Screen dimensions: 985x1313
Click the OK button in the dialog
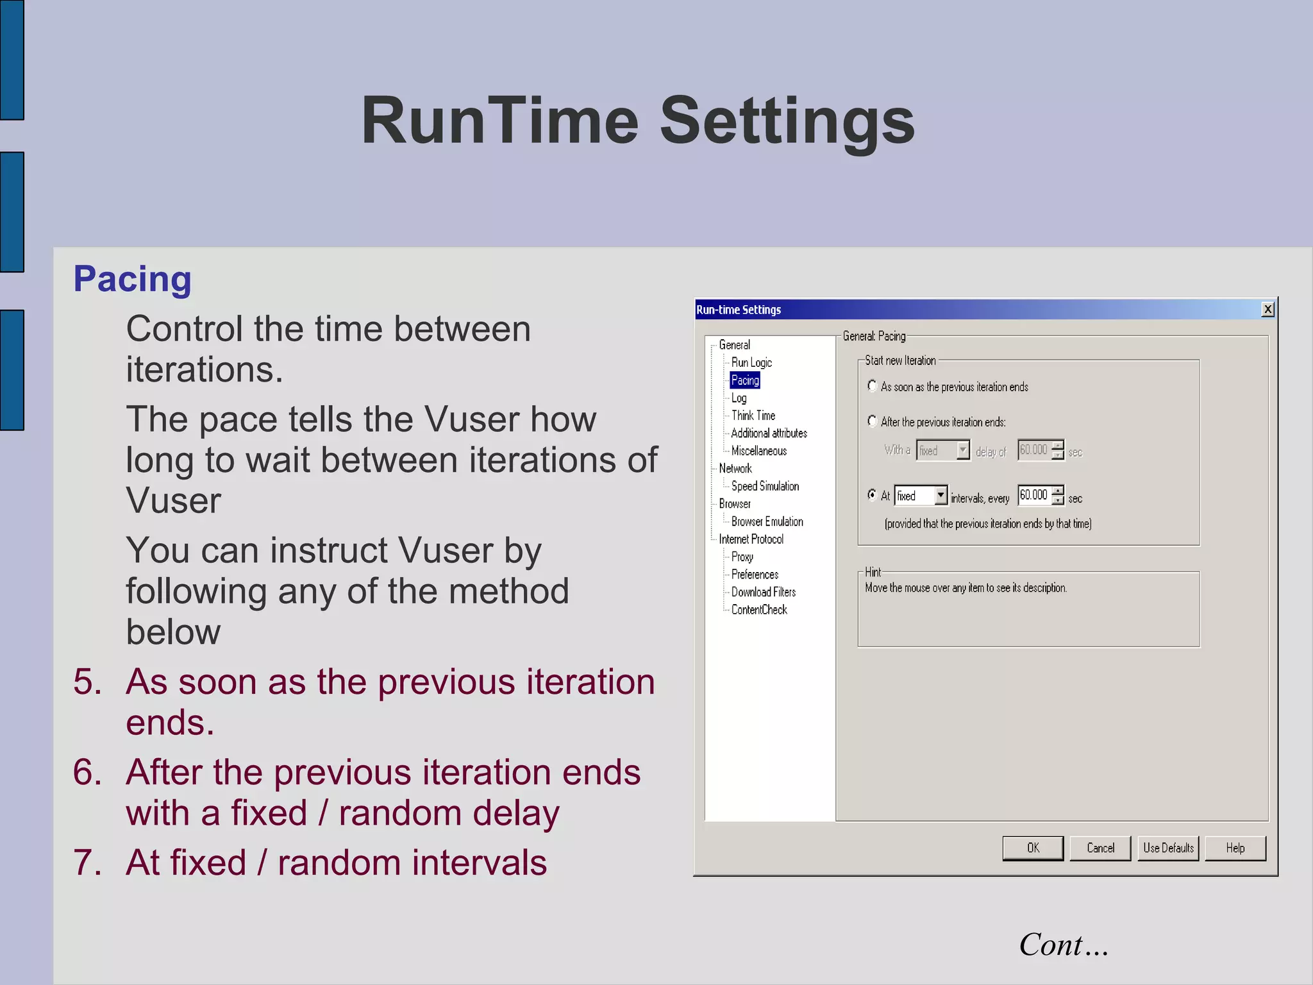coord(1032,848)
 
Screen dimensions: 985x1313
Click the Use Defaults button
coord(1167,848)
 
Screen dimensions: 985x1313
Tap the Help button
coord(1235,848)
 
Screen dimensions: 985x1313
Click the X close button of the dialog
coord(1267,309)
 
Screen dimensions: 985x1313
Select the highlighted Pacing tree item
coord(744,380)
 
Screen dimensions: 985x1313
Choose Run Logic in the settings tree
coord(751,362)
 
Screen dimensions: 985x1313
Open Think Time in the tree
coord(753,416)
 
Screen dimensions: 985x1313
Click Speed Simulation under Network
coord(764,486)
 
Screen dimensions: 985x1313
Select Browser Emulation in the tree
coord(767,521)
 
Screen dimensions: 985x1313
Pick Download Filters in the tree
coord(763,592)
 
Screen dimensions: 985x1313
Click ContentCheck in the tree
coord(758,610)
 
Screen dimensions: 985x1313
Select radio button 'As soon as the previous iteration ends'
coord(872,385)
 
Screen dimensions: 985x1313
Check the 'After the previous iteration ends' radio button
coord(872,421)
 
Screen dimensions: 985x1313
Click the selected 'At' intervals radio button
coord(872,494)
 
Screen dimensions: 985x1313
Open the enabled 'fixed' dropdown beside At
coord(940,495)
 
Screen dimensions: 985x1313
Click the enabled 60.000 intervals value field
coord(1033,495)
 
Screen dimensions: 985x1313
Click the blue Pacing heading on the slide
coord(132,279)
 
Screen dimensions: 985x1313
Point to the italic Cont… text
coord(1063,945)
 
